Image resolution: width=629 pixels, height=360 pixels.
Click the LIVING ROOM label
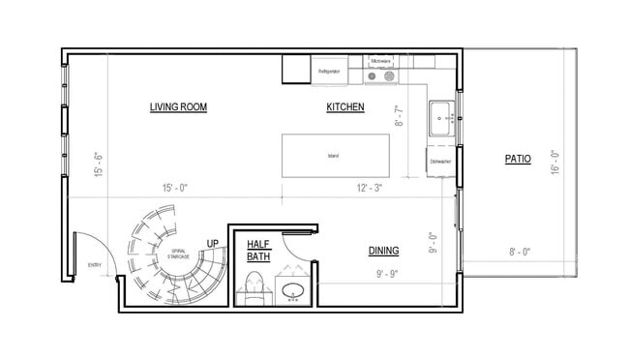(179, 106)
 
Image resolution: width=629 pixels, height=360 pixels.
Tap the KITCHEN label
(344, 106)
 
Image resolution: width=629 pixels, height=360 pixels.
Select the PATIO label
(518, 159)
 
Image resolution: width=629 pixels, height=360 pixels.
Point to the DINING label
(383, 251)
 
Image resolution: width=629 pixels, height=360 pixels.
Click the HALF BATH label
(258, 251)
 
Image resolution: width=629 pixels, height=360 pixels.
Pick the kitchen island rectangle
(335, 156)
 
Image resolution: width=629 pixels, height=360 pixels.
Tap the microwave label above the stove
(380, 60)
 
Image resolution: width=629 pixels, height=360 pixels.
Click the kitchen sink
(441, 118)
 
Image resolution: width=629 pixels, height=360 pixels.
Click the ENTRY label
(94, 264)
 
